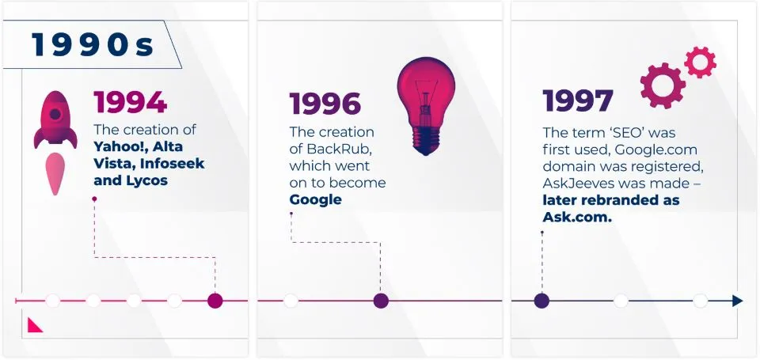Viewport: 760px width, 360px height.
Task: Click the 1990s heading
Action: (x=93, y=44)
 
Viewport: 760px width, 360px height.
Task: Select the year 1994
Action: (x=131, y=102)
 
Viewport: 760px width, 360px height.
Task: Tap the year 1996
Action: (x=325, y=104)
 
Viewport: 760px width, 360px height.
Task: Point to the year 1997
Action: (x=578, y=100)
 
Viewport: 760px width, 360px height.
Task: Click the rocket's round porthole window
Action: (x=55, y=114)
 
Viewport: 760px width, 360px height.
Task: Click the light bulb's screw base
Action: (x=425, y=141)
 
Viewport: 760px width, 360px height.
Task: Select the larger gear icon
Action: (x=663, y=85)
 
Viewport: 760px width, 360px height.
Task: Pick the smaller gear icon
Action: (x=700, y=62)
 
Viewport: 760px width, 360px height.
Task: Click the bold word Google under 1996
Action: (x=316, y=200)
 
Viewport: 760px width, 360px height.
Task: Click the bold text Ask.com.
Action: (x=577, y=218)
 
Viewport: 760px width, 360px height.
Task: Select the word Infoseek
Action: (x=172, y=164)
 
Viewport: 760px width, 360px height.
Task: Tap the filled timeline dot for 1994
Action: (x=215, y=301)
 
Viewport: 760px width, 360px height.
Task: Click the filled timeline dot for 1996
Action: (x=381, y=301)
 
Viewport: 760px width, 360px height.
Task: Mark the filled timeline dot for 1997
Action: (x=541, y=301)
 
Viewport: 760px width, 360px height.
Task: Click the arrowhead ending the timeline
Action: (x=737, y=301)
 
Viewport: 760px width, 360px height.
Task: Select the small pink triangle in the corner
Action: (x=33, y=326)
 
